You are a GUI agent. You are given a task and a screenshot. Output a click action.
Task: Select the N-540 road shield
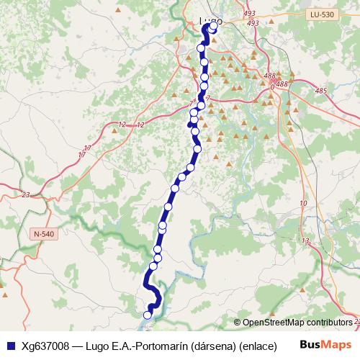pyautogui.click(x=43, y=234)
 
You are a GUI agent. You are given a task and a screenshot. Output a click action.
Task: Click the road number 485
pyautogui.click(x=320, y=91)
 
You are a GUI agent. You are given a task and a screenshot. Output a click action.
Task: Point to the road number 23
pyautogui.click(x=26, y=195)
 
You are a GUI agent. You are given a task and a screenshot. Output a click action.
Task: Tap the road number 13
pyautogui.click(x=305, y=241)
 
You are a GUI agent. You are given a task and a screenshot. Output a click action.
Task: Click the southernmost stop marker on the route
pyautogui.click(x=148, y=315)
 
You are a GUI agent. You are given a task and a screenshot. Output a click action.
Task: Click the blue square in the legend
pyautogui.click(x=9, y=346)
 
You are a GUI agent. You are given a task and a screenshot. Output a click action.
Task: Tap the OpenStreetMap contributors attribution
pyautogui.click(x=297, y=323)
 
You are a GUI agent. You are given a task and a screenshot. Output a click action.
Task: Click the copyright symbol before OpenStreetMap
pyautogui.click(x=238, y=323)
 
